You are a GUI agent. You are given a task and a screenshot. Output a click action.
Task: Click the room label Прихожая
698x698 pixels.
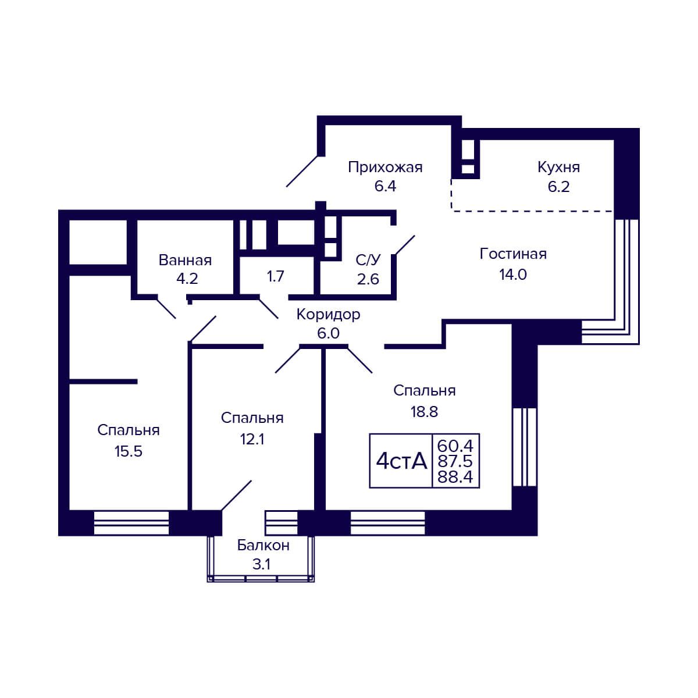pyautogui.click(x=385, y=168)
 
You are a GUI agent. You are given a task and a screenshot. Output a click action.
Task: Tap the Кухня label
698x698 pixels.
pyautogui.click(x=558, y=168)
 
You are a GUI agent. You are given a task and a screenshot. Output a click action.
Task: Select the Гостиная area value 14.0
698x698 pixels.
pyautogui.click(x=513, y=275)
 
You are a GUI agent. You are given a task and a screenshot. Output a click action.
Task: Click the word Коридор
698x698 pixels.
pyautogui.click(x=328, y=315)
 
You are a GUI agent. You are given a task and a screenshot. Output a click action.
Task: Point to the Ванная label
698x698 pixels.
pyautogui.click(x=185, y=261)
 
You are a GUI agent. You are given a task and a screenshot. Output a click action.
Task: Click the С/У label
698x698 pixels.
pyautogui.click(x=368, y=259)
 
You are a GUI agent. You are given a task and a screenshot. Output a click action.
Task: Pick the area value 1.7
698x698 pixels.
pyautogui.click(x=275, y=277)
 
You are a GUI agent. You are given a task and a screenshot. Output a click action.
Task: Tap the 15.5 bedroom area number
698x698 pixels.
pyautogui.click(x=129, y=451)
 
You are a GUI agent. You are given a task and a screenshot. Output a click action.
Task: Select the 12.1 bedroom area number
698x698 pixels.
pyautogui.click(x=252, y=439)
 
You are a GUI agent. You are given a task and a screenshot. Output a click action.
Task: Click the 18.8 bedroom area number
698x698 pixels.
pyautogui.click(x=424, y=412)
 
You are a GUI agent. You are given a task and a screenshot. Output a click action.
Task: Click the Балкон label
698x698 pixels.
pyautogui.click(x=263, y=545)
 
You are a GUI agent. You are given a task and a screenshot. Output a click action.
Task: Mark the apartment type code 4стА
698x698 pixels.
pyautogui.click(x=401, y=461)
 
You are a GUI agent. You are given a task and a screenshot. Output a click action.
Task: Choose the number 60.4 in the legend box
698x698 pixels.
pyautogui.click(x=455, y=445)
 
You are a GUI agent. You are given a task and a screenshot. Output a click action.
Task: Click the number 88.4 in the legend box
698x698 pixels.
pyautogui.click(x=455, y=477)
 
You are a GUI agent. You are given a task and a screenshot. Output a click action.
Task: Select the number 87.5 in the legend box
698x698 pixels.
pyautogui.click(x=455, y=461)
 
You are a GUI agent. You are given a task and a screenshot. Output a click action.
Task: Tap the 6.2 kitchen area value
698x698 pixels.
pyautogui.click(x=558, y=187)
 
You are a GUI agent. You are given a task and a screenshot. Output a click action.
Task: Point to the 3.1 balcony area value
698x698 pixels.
pyautogui.click(x=262, y=564)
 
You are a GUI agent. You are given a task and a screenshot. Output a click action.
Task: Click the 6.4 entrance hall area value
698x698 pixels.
pyautogui.click(x=385, y=186)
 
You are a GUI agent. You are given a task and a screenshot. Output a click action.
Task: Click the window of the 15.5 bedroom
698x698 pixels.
pyautogui.click(x=131, y=523)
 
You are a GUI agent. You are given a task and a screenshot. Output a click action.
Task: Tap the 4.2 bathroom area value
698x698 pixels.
pyautogui.click(x=187, y=279)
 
